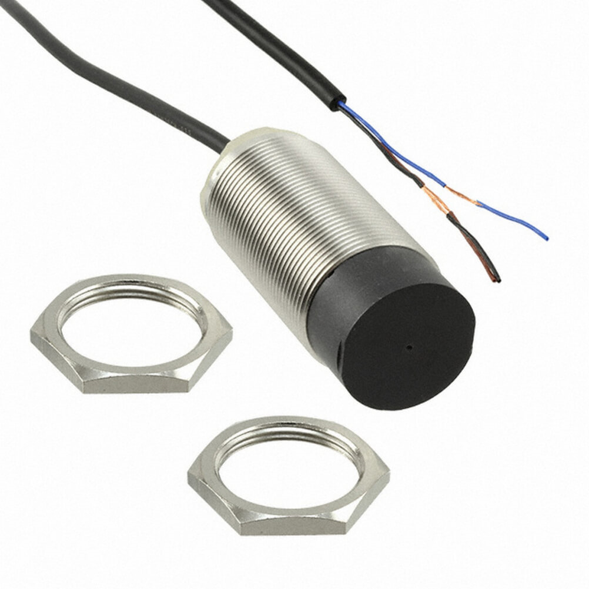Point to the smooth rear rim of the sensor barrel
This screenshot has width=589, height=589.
(226, 159)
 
